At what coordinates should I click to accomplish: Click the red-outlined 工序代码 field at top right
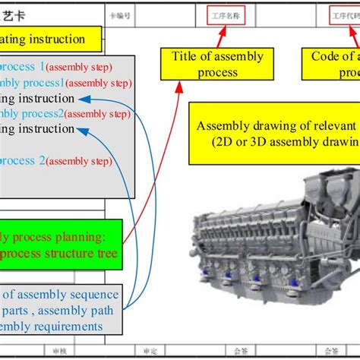coord(344,14)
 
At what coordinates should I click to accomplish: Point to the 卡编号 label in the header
coord(120,14)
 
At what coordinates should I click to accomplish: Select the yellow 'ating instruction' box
coord(50,38)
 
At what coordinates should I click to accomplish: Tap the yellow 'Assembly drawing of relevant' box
coord(273,134)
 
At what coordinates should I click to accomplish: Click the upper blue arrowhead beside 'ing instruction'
coord(84,99)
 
